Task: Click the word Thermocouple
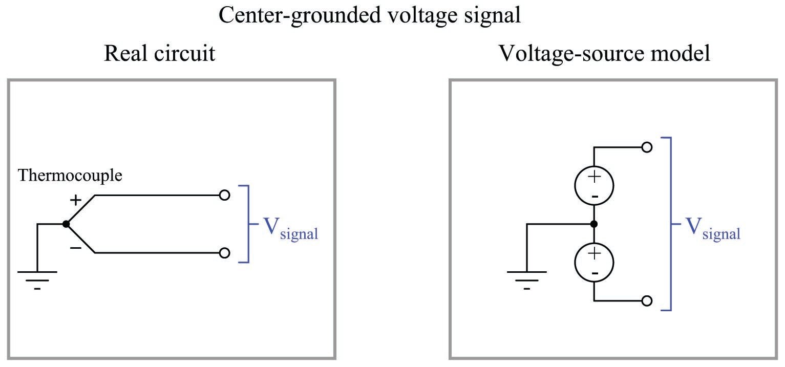point(70,176)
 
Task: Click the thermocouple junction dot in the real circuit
point(66,224)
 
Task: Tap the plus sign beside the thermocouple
point(75,200)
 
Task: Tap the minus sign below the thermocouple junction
point(75,248)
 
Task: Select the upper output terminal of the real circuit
point(224,195)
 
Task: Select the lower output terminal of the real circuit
point(224,253)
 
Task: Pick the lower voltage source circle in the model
point(594,262)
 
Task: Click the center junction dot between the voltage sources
point(594,224)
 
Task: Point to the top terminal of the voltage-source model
point(647,147)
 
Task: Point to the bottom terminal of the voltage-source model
point(647,300)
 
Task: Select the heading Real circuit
point(159,53)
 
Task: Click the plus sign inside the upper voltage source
point(594,177)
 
